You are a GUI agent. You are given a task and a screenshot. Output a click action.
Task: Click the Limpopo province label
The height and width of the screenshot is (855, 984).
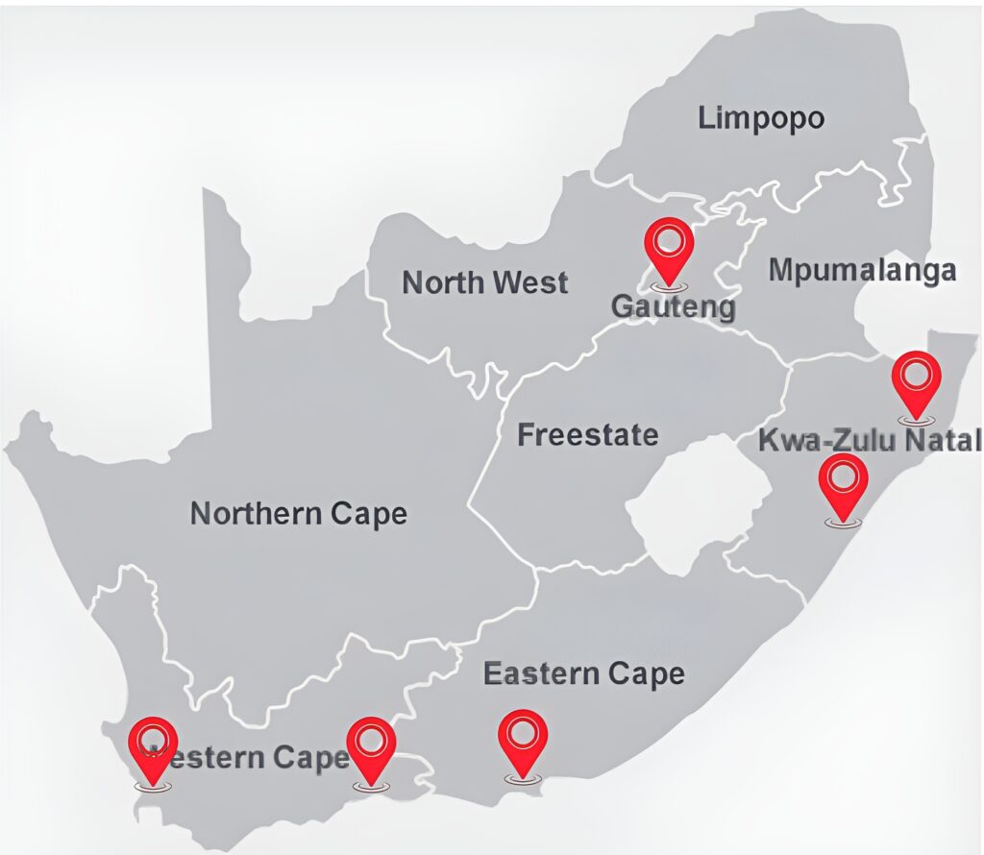tap(761, 119)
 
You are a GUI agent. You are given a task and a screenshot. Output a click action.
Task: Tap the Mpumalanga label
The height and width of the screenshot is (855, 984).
tap(862, 271)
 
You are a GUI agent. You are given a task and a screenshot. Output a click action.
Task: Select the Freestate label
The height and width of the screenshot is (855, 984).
tap(588, 435)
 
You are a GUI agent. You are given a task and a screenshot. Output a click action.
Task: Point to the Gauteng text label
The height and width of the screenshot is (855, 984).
tap(674, 308)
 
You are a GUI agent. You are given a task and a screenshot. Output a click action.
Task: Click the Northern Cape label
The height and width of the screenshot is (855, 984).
tap(298, 513)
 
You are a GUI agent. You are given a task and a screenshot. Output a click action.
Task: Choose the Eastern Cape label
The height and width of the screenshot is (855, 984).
tap(583, 673)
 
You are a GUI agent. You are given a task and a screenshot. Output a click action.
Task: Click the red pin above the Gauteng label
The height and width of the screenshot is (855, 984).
tap(669, 248)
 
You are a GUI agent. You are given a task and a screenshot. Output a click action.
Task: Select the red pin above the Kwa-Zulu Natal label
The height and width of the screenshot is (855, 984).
tap(917, 382)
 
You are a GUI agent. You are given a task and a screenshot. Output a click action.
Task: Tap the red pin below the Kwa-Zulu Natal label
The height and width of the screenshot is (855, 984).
tap(843, 485)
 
